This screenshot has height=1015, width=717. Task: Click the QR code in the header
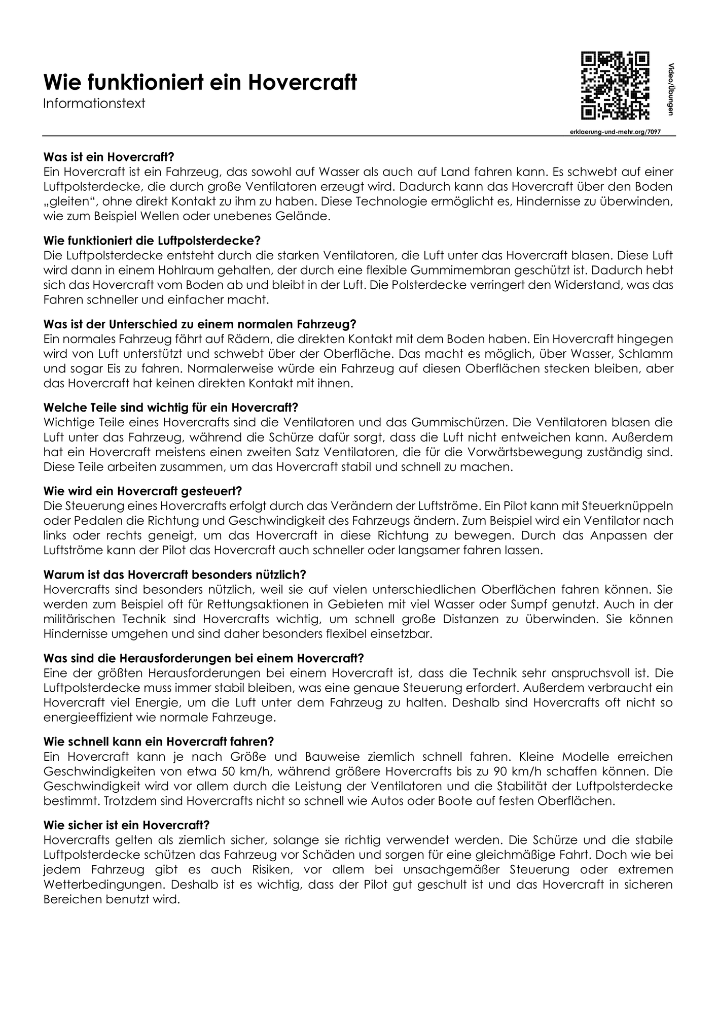(615, 85)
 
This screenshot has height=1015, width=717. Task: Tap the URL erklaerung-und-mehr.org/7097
(615, 131)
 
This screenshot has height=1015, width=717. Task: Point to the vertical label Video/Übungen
(670, 89)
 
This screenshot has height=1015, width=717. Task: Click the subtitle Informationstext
(94, 104)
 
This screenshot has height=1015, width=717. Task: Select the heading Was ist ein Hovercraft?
(109, 157)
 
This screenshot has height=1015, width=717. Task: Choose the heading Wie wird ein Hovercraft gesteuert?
(143, 491)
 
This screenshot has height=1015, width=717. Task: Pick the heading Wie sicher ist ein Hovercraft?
(127, 824)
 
